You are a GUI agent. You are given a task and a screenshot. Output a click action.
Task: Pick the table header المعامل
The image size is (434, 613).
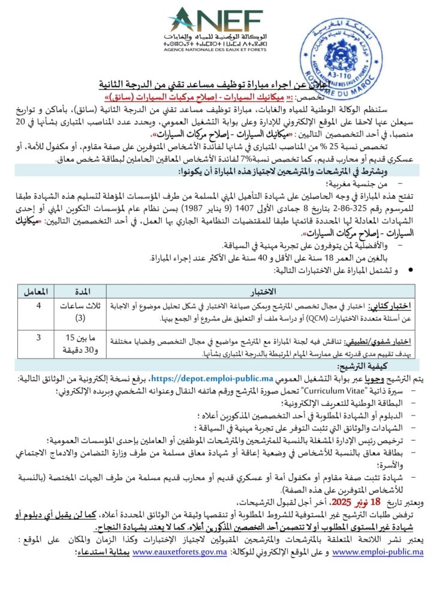point(37,292)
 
